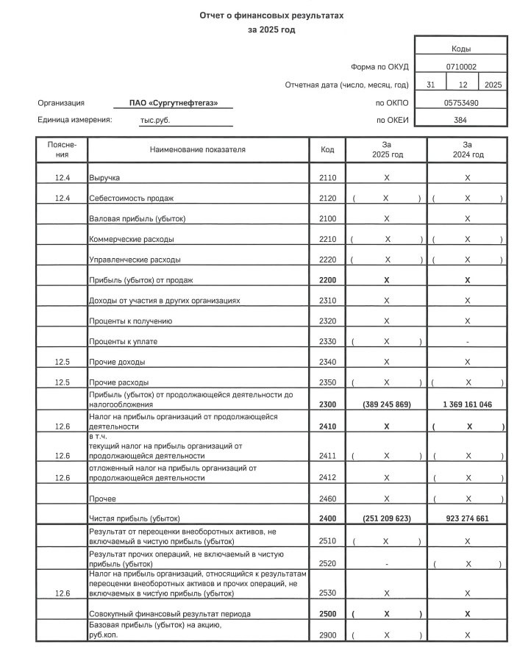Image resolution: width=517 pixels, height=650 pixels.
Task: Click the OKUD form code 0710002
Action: pyautogui.click(x=461, y=66)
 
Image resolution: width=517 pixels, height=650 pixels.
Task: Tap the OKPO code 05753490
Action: pyautogui.click(x=461, y=103)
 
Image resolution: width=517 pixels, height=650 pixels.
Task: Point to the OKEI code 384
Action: pyautogui.click(x=461, y=120)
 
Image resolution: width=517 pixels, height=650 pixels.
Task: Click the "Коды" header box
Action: pyautogui.click(x=461, y=48)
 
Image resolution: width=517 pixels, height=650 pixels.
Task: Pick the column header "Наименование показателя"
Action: pyautogui.click(x=198, y=150)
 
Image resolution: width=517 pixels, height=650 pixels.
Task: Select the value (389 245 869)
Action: pyautogui.click(x=386, y=405)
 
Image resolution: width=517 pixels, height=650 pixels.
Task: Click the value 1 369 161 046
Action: pyautogui.click(x=468, y=405)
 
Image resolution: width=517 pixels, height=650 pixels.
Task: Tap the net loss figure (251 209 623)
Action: pyautogui.click(x=386, y=518)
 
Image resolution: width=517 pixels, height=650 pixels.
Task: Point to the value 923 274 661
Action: pyautogui.click(x=468, y=518)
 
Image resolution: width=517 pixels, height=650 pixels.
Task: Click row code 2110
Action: pyautogui.click(x=327, y=179)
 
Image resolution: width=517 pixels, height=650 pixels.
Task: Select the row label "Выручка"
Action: pyautogui.click(x=104, y=179)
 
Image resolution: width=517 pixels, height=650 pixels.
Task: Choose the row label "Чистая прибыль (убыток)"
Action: pyautogui.click(x=134, y=518)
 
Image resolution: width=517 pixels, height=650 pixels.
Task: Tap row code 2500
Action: pyautogui.click(x=327, y=613)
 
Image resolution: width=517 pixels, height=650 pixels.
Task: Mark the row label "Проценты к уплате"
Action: pyautogui.click(x=123, y=342)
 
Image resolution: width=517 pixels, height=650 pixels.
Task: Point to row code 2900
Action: pyautogui.click(x=327, y=635)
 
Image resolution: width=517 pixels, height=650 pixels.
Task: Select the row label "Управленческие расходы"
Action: pyautogui.click(x=135, y=260)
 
